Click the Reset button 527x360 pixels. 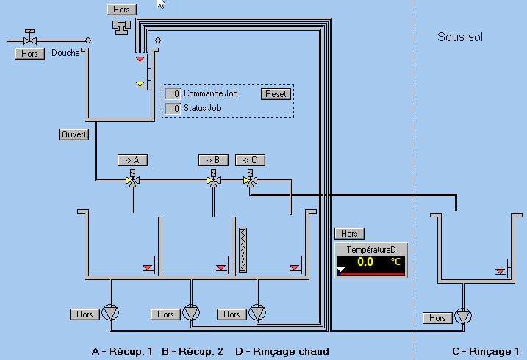point(276,94)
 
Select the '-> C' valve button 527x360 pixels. point(250,160)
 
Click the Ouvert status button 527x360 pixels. point(74,134)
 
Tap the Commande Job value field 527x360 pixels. point(173,94)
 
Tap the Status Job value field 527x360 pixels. point(173,109)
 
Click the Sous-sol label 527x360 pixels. point(460,37)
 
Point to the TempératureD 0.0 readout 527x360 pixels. point(365,262)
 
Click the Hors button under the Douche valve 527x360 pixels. point(29,54)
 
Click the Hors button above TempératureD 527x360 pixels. point(349,234)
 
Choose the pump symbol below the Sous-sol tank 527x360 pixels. point(463,316)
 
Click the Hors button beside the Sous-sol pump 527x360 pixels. point(437,318)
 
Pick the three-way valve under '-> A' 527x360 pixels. point(132,180)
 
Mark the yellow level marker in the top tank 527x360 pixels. point(140,84)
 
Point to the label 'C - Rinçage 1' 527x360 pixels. point(486,351)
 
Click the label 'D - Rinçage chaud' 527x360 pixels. point(282,351)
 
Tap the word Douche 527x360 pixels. point(65,53)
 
